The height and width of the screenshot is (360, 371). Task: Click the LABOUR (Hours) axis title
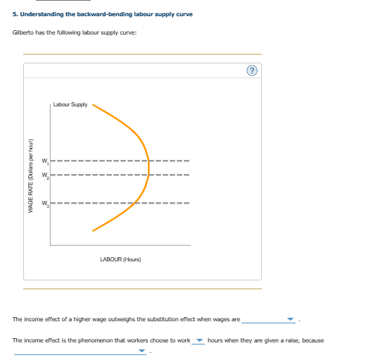pyautogui.click(x=120, y=259)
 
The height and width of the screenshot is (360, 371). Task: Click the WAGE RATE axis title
pyautogui.click(x=30, y=173)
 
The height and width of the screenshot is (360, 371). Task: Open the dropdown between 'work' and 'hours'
pyautogui.click(x=199, y=341)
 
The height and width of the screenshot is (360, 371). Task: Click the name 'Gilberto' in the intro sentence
pyautogui.click(x=23, y=33)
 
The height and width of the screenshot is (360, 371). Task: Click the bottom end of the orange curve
pyautogui.click(x=93, y=230)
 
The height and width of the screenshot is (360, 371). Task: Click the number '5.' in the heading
pyautogui.click(x=15, y=14)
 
